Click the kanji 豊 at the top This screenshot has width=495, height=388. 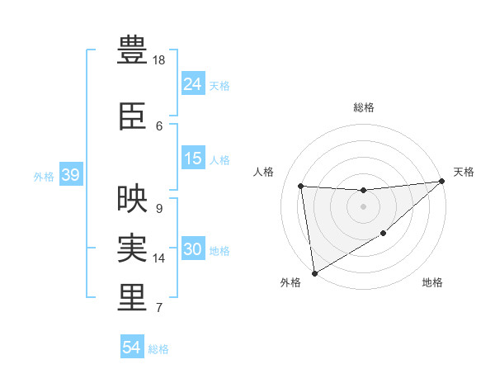click(x=132, y=51)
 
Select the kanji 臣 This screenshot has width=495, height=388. click(x=132, y=116)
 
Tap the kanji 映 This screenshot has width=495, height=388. click(x=132, y=199)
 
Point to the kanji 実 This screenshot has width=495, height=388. click(x=132, y=248)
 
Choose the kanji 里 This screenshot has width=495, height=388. click(x=132, y=298)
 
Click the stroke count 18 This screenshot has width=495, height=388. click(x=160, y=60)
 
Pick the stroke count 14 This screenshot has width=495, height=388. click(x=160, y=258)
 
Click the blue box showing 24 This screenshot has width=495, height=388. click(x=193, y=83)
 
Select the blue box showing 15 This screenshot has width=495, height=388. click(x=193, y=159)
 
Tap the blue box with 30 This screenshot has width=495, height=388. click(x=193, y=249)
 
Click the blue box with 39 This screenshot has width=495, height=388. click(x=70, y=175)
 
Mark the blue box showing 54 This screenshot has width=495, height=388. click(x=132, y=348)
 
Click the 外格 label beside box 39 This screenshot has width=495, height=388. click(x=44, y=176)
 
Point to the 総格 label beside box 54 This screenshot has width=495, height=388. click(x=158, y=348)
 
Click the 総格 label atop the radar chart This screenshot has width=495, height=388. click(x=364, y=107)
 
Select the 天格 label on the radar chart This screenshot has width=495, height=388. click(x=464, y=172)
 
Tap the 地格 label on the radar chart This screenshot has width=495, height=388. click(x=432, y=282)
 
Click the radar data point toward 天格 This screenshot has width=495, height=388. click(x=441, y=182)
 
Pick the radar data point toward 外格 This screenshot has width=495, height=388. click(x=314, y=272)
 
